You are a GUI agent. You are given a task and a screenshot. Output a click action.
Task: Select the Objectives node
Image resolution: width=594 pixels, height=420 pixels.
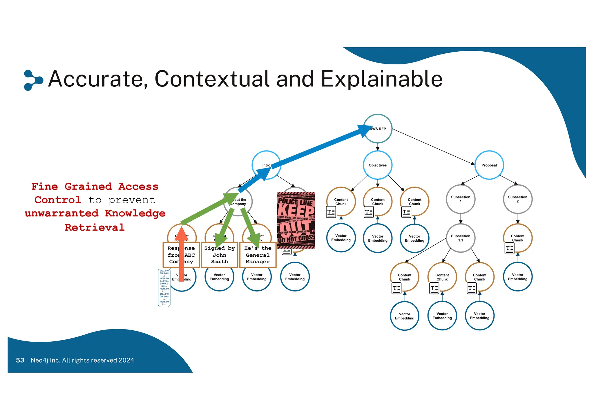[x=378, y=165]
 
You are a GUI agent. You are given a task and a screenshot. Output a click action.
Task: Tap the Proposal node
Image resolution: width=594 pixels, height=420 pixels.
[x=489, y=165]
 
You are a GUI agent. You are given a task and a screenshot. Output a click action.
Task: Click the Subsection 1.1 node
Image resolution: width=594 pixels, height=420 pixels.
[x=460, y=238]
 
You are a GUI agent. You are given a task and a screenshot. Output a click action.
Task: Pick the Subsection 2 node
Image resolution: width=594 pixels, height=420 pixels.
[x=517, y=199]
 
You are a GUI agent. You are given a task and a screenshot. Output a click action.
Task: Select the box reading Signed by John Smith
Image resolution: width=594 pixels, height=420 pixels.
[x=220, y=255]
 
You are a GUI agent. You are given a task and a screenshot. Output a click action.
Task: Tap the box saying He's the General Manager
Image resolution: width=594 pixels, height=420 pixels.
[x=258, y=255]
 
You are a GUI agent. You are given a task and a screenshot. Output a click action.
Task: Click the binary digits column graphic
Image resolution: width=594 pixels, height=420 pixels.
[x=164, y=287]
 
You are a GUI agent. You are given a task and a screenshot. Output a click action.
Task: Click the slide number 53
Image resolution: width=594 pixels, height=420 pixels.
[x=20, y=360]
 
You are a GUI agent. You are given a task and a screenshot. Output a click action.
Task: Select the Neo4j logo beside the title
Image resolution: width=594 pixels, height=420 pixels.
[x=32, y=80]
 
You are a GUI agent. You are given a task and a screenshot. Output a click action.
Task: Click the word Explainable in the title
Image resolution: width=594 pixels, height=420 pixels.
[x=381, y=79]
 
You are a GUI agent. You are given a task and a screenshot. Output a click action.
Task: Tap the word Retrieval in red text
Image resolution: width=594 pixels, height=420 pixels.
[x=95, y=227]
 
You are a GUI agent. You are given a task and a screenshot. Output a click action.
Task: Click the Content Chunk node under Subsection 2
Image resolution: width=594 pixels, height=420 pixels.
[x=517, y=238]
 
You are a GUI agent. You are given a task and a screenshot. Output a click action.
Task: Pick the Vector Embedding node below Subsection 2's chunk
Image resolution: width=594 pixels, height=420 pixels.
[x=517, y=277]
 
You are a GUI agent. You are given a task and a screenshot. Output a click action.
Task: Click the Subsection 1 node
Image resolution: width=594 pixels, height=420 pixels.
[x=460, y=199]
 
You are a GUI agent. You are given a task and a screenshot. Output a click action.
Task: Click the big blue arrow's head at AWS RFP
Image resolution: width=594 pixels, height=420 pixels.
[x=364, y=130]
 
